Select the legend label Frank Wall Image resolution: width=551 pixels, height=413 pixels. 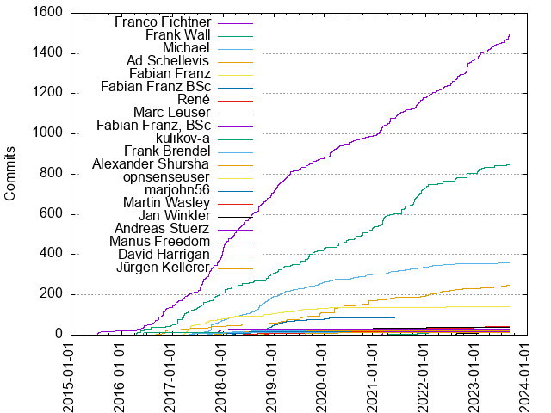point(178,34)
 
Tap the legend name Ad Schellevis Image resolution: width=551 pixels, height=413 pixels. point(169,61)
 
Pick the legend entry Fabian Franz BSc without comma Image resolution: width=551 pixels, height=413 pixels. point(156,87)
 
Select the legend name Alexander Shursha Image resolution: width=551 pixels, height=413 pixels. point(152,164)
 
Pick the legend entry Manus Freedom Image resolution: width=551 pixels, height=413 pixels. point(164,243)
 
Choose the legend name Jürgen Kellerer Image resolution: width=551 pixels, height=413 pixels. point(164,268)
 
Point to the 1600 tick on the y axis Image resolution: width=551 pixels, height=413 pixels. point(48,13)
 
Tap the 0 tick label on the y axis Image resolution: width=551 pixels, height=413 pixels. point(59,334)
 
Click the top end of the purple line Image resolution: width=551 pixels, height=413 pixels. point(510,34)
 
